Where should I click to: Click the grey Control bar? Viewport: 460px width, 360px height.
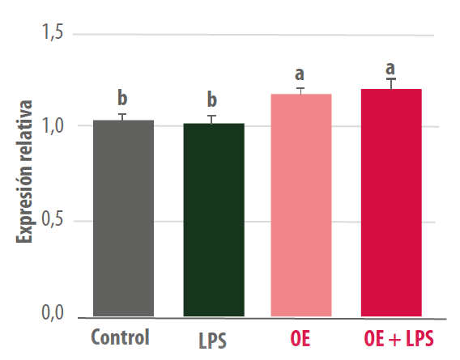tap(124, 218)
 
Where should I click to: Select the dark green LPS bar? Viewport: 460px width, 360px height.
tap(214, 220)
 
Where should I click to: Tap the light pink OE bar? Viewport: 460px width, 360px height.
tap(301, 205)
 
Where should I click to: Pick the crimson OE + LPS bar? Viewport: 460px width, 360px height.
tap(391, 202)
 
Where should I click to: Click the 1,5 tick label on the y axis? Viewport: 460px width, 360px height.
tap(53, 32)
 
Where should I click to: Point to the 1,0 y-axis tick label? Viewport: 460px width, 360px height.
tap(53, 125)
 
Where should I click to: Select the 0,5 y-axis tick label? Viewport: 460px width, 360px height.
tap(53, 218)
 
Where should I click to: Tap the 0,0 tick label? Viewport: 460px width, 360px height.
tap(53, 312)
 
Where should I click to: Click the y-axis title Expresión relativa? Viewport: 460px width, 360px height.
tap(24, 172)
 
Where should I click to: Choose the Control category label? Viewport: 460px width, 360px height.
tap(121, 337)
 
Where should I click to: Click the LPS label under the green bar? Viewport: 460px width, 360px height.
tap(212, 341)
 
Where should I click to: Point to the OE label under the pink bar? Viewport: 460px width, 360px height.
tap(300, 338)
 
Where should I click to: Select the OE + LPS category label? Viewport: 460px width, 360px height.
tap(398, 338)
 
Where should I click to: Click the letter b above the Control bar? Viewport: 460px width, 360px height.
tap(122, 98)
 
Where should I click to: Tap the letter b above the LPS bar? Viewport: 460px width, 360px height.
tap(212, 100)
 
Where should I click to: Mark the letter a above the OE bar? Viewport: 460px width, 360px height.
tap(299, 74)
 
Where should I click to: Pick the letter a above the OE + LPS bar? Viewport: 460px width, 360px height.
tap(390, 69)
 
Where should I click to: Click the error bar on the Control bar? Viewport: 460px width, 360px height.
tap(122, 117)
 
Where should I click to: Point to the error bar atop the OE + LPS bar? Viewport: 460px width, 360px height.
tap(391, 83)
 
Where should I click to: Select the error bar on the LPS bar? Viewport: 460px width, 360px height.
tap(211, 120)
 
